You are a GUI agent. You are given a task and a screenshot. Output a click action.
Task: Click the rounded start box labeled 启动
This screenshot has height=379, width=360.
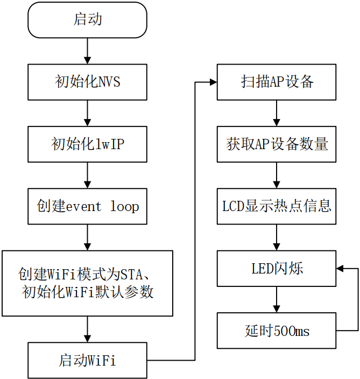click(x=87, y=20)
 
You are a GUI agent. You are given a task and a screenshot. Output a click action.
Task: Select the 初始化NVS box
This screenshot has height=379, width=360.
click(x=87, y=82)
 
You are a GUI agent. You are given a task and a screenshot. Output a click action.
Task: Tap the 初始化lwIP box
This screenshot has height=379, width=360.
click(x=87, y=144)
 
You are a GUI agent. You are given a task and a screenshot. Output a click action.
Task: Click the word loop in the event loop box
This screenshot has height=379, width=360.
click(x=124, y=206)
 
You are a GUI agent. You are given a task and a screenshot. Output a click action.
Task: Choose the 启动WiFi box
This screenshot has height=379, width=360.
click(x=87, y=360)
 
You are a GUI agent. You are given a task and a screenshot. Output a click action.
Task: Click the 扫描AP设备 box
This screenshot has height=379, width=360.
click(x=277, y=82)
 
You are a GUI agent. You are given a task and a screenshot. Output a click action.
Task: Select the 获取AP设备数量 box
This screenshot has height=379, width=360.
click(x=277, y=144)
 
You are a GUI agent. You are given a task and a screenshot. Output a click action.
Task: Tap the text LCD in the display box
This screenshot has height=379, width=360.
click(x=234, y=206)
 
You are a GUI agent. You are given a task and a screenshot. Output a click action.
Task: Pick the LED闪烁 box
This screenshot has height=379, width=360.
click(x=277, y=269)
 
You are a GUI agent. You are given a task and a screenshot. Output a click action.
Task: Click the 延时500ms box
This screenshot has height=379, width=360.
click(x=277, y=331)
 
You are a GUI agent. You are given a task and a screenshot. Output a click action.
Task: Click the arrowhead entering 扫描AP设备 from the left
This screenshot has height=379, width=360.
click(x=214, y=82)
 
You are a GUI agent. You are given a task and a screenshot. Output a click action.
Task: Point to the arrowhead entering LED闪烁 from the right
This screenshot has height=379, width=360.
click(x=340, y=269)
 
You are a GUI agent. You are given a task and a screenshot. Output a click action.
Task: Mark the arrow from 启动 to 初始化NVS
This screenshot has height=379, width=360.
click(x=87, y=51)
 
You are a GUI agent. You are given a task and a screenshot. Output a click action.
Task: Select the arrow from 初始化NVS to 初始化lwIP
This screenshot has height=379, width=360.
click(x=87, y=113)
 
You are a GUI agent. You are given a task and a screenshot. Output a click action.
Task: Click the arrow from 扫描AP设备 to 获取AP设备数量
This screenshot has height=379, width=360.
click(x=277, y=113)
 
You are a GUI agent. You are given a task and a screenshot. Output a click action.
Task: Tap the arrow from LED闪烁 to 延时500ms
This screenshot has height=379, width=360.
click(x=277, y=300)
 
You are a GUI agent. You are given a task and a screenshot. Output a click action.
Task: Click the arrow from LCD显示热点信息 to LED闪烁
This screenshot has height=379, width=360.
click(x=277, y=237)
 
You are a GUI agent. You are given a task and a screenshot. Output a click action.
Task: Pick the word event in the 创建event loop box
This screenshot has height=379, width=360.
click(x=83, y=207)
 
